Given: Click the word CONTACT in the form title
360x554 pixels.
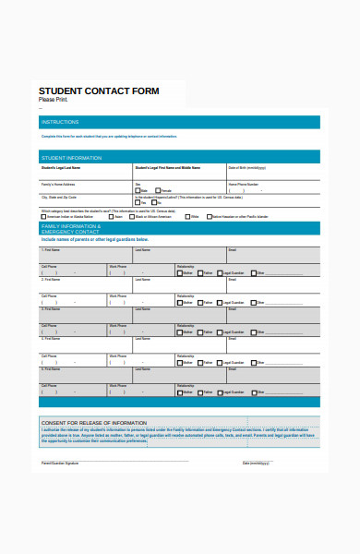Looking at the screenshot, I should click(x=99, y=91).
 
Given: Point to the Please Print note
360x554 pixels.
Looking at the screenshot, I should click(x=54, y=100).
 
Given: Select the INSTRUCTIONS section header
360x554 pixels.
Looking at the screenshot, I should click(x=61, y=122).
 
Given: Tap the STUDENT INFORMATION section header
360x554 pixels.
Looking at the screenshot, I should click(x=71, y=156).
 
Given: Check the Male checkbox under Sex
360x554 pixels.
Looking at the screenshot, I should click(x=138, y=191).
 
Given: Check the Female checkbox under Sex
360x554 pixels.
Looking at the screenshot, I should click(x=159, y=191).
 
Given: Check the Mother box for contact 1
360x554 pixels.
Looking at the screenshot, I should click(x=180, y=273).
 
